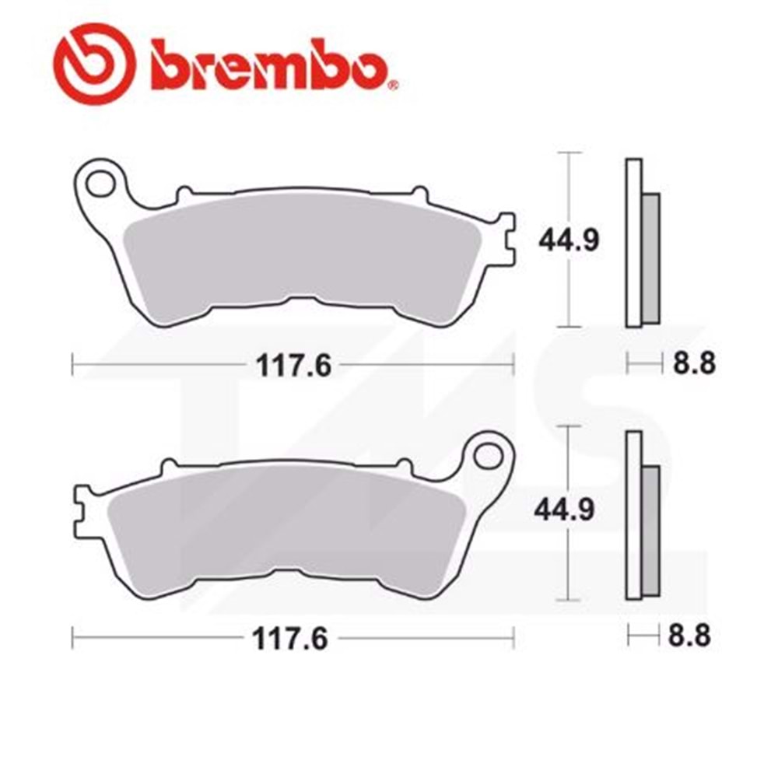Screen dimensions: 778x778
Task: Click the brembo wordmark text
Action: [x=268, y=63]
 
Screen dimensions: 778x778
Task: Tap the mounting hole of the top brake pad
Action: [x=100, y=184]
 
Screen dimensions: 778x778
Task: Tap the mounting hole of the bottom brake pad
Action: [x=489, y=455]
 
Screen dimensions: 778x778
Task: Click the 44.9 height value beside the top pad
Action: [x=569, y=240]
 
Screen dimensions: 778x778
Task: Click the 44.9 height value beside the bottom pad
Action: [x=566, y=510]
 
